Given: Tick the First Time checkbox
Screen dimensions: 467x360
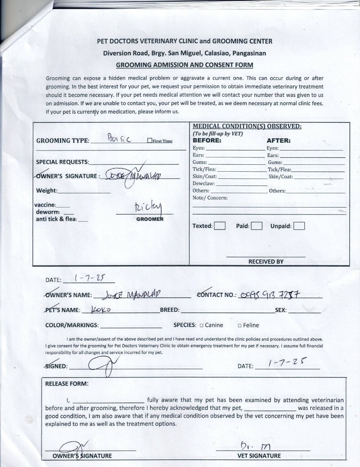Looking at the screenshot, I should tap(150, 141).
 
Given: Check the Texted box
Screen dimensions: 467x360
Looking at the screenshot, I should tap(220, 226).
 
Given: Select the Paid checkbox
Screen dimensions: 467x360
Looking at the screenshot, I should tap(257, 226).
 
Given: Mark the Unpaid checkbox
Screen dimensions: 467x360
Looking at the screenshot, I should tap(299, 226).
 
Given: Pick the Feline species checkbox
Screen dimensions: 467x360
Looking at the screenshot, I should tap(239, 326).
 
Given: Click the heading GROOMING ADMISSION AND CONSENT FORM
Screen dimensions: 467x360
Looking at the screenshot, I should tap(185, 65).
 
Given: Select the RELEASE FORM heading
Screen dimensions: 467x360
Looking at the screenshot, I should tap(67, 384).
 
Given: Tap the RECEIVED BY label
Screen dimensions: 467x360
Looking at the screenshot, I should tap(266, 261).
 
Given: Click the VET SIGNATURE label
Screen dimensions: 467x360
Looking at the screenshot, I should tap(259, 455).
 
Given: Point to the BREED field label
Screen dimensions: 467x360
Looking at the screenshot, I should tap(170, 310).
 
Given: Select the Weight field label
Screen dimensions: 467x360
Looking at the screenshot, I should tap(47, 191).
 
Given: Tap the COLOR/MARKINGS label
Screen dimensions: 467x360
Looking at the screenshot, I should tap(72, 325).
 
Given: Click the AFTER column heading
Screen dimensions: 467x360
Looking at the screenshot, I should tap(279, 141).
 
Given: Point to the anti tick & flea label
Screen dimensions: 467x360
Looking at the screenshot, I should tap(56, 219).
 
